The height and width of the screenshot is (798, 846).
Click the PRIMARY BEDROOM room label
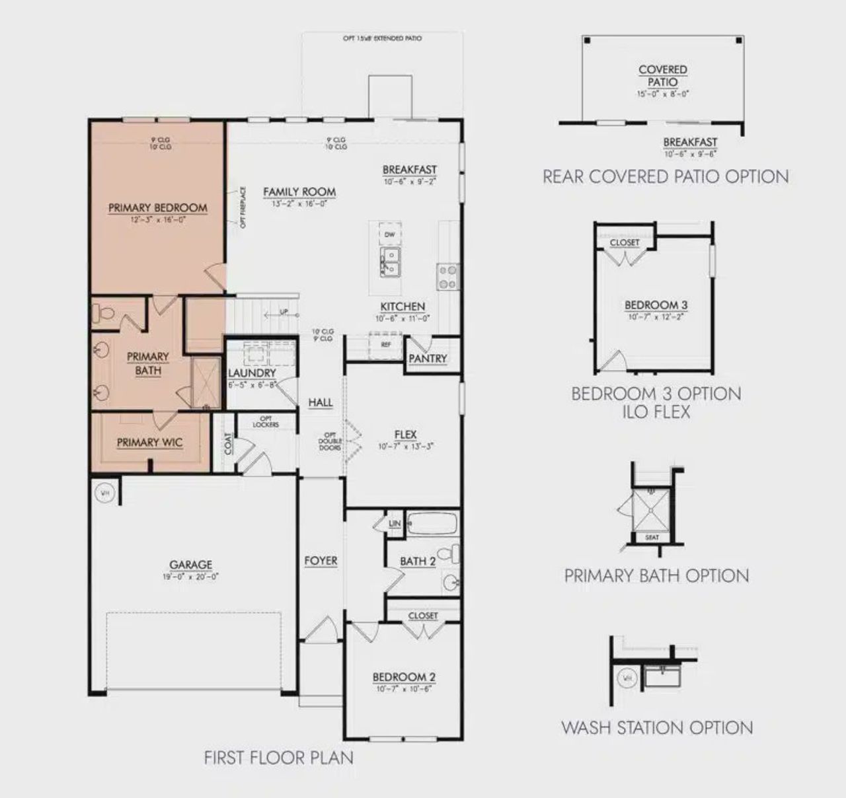click(157, 207)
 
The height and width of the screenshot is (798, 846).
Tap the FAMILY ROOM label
click(299, 192)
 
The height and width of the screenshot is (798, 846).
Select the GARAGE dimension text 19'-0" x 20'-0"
click(191, 577)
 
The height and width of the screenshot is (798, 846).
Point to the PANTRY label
click(428, 359)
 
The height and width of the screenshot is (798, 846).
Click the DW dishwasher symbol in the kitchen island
click(389, 235)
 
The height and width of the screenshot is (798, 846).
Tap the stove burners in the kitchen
click(447, 276)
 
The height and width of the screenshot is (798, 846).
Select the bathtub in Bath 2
click(432, 523)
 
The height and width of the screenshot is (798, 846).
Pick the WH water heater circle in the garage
click(104, 492)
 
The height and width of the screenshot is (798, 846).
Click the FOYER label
click(321, 561)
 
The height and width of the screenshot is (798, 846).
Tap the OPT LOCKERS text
click(266, 421)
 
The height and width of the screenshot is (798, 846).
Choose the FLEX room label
click(405, 434)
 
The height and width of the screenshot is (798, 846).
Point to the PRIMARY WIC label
click(149, 443)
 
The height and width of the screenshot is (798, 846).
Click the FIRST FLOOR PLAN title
click(278, 757)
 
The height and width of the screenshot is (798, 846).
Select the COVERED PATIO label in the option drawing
click(663, 75)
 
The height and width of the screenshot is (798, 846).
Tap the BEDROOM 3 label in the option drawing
click(656, 305)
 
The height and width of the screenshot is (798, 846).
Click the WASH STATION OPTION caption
click(657, 728)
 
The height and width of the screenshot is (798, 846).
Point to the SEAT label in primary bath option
click(652, 537)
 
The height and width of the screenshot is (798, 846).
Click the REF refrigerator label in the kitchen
click(386, 344)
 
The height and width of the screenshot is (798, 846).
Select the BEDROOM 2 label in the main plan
click(404, 677)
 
